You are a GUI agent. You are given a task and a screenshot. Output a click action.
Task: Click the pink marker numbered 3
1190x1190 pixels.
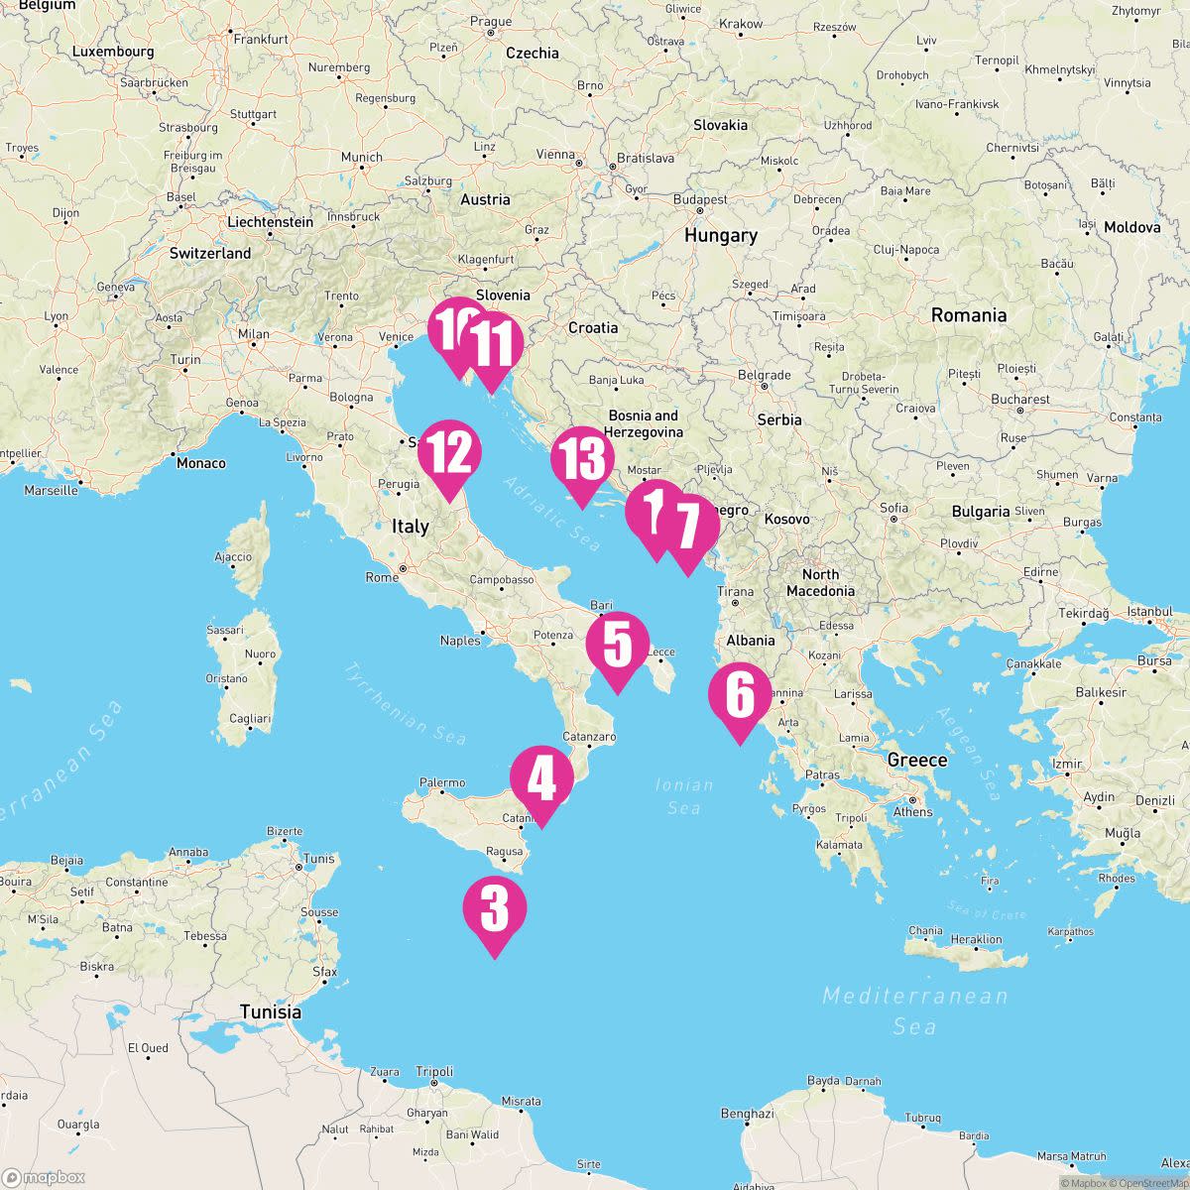495,910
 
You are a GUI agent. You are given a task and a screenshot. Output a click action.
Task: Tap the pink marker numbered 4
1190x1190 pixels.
541,780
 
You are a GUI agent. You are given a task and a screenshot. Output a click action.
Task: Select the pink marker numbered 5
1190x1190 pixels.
617,646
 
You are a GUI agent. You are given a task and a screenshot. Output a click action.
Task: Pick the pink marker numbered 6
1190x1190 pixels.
740,697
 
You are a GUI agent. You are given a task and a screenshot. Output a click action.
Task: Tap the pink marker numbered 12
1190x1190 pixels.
449,454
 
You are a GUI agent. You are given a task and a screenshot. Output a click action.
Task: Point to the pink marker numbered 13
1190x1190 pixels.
582,460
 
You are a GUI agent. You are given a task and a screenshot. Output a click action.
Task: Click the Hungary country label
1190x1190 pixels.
720,236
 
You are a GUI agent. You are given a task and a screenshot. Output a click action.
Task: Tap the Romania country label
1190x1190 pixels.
968,315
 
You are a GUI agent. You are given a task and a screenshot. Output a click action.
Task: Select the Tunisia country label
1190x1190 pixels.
270,1012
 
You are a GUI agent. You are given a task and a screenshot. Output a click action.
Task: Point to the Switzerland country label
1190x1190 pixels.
210,254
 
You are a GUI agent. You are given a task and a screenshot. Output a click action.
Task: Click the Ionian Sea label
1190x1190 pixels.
684,796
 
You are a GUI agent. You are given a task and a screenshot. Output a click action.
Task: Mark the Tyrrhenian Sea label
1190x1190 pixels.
405,703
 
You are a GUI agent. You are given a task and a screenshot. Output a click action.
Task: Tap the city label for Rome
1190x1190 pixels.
382,577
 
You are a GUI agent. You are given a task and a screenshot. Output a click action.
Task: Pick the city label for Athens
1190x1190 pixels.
912,811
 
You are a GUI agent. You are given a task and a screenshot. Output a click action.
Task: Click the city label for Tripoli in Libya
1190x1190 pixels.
434,1072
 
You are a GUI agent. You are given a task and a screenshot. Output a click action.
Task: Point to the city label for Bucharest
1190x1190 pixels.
1019,400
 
